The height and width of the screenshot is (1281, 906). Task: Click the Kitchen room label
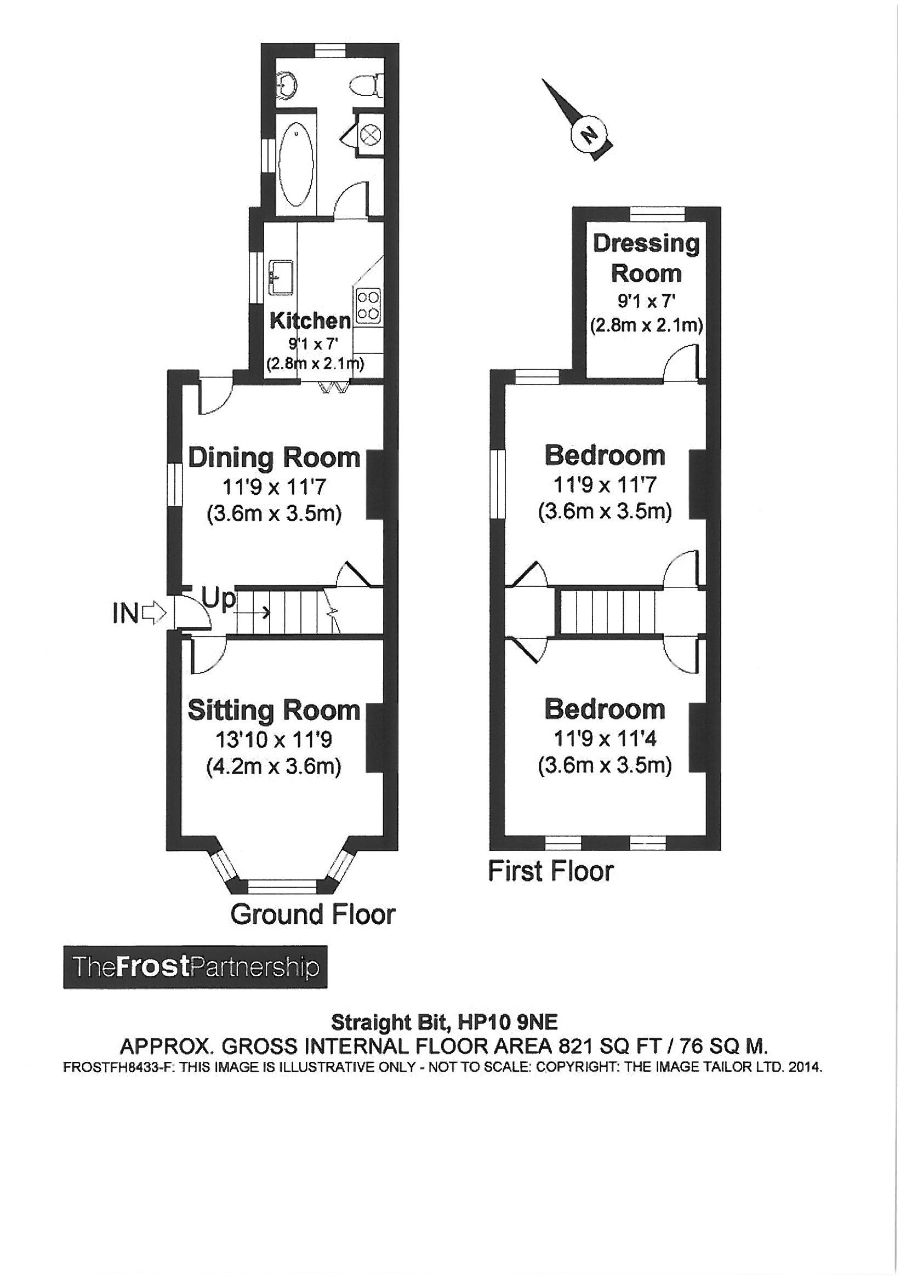310,321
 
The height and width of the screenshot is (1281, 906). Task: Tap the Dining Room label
274,458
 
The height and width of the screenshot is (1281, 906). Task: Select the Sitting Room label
274,710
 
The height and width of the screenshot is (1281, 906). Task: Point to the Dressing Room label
646,258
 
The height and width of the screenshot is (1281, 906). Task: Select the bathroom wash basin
288,85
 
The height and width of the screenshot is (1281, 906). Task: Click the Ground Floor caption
312,914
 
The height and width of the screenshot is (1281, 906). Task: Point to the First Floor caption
551,871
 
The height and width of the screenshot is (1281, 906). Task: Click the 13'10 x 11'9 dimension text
274,740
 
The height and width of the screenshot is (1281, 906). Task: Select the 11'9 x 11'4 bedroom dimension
605,739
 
